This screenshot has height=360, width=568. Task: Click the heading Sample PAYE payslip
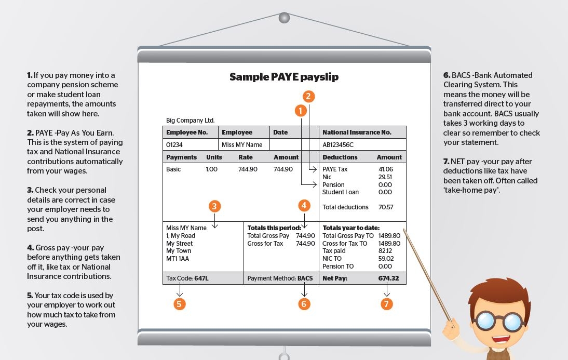click(x=284, y=77)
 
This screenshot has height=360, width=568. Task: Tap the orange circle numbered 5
click(x=179, y=304)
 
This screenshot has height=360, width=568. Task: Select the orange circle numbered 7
click(x=386, y=304)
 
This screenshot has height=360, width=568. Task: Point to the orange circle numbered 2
click(x=308, y=96)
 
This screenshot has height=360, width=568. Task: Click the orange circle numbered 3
click(x=215, y=206)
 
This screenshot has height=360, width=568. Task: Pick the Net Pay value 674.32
click(x=388, y=278)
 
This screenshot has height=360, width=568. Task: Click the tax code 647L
click(x=201, y=278)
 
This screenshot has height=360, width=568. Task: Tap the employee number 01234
click(x=174, y=145)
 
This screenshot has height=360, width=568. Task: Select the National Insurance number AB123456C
click(x=338, y=145)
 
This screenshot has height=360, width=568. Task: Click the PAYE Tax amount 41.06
click(x=386, y=169)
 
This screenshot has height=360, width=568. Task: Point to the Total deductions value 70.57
click(x=386, y=207)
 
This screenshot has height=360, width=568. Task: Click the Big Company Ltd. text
click(x=190, y=121)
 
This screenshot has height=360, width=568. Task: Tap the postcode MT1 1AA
click(x=178, y=258)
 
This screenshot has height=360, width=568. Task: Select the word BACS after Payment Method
click(x=305, y=278)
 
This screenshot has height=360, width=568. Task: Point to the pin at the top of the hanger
click(x=283, y=18)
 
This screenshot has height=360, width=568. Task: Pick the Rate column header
click(x=246, y=157)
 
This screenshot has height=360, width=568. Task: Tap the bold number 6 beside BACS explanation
click(x=446, y=75)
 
